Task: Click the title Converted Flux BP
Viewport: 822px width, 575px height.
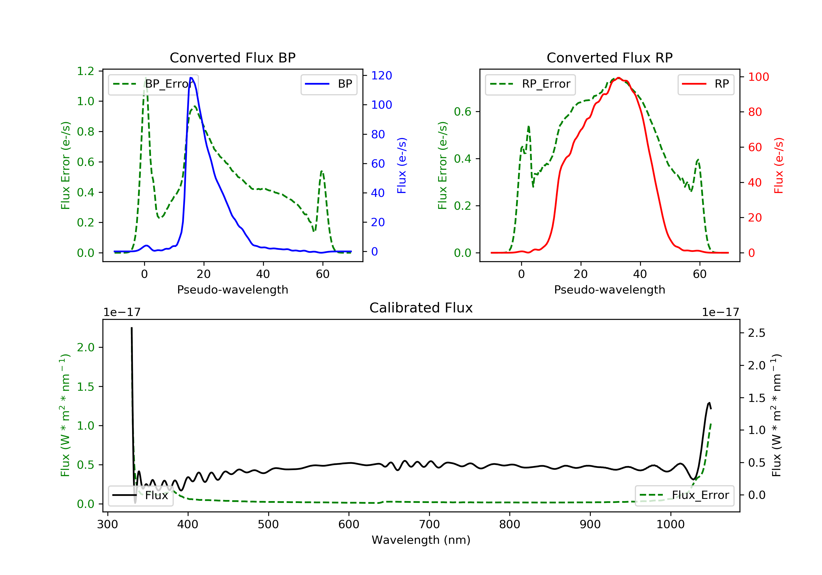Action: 232,58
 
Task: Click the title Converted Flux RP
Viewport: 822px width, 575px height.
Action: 609,58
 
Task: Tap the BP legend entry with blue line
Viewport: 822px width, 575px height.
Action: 329,84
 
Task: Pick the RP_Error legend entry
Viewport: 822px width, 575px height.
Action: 530,84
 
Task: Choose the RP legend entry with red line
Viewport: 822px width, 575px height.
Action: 706,84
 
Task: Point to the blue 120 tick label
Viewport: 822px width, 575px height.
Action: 381,76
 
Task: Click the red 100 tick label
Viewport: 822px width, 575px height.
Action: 758,77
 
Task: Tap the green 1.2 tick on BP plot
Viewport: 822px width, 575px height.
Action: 85,71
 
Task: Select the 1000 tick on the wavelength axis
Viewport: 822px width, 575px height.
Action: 670,525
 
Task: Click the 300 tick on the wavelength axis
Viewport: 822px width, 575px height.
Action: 107,525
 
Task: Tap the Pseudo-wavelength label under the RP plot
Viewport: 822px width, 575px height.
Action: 609,290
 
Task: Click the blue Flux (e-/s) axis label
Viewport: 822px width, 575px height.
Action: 402,166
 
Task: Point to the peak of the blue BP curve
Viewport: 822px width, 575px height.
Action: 192,78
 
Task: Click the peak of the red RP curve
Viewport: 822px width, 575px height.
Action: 618,78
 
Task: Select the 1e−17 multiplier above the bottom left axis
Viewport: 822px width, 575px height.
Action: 122,312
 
